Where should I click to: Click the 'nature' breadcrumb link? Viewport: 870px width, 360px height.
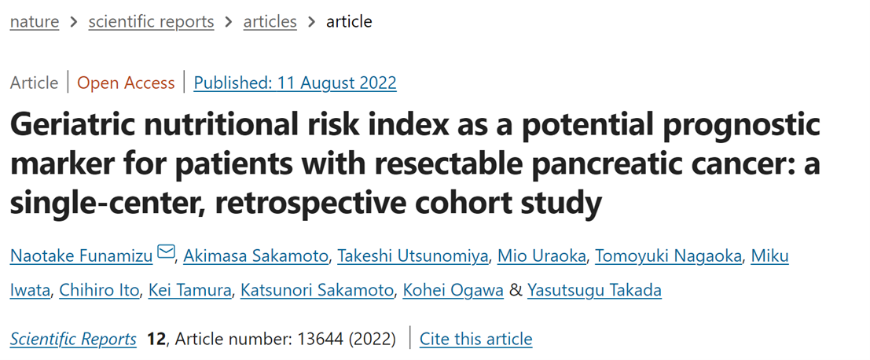pos(34,21)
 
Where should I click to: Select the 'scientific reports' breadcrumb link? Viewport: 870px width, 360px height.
pos(151,21)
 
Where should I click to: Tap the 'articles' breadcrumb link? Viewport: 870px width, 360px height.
pos(270,21)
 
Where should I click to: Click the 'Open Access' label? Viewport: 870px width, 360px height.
pos(126,83)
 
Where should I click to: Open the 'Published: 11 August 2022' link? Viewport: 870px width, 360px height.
pos(295,83)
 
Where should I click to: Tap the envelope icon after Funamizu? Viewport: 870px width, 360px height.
pos(166,253)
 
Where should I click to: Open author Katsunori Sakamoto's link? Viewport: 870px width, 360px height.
pos(317,291)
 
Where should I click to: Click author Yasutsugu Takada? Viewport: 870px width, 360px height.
pos(593,291)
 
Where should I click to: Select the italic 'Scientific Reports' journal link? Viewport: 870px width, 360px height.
pos(73,339)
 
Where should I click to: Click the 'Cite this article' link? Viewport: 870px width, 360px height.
pos(475,339)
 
